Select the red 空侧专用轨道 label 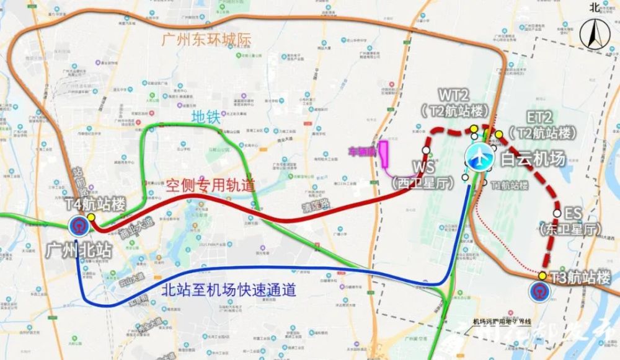coord(210,185)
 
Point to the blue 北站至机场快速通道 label coord(228,289)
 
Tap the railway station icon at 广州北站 coord(79,226)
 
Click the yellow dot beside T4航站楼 coord(92,217)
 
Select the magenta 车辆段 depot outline coord(384,154)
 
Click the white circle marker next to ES coord(557,213)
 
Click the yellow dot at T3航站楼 coord(542,276)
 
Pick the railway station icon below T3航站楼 coord(538,291)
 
